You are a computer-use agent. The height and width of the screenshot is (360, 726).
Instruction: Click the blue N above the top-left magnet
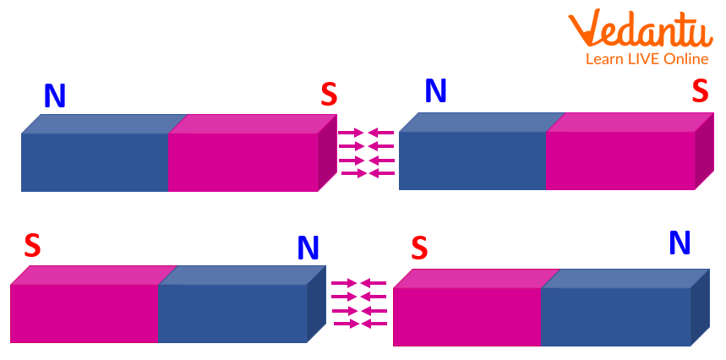[55, 97]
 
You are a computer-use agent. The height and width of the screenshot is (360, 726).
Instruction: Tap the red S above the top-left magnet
[329, 95]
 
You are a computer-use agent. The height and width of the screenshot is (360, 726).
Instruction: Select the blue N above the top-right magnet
[436, 91]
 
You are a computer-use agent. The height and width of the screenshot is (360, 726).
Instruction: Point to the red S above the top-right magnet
[700, 91]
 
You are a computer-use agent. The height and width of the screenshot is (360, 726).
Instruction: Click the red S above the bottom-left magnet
[32, 245]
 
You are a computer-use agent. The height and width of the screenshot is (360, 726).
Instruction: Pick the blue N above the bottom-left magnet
[308, 248]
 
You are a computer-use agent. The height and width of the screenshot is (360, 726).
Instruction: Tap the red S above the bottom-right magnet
[419, 248]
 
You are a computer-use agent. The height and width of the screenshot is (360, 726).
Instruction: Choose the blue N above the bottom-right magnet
[680, 243]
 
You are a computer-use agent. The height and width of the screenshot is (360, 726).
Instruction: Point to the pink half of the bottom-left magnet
[84, 312]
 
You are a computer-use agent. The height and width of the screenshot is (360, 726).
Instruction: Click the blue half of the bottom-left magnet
[232, 312]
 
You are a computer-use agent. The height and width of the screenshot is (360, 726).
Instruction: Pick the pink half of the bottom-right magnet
[467, 316]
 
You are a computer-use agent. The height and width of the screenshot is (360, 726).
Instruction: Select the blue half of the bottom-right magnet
[615, 316]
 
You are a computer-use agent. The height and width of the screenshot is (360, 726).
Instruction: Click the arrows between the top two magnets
[367, 153]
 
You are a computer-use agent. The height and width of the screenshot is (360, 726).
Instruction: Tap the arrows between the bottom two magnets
[359, 303]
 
